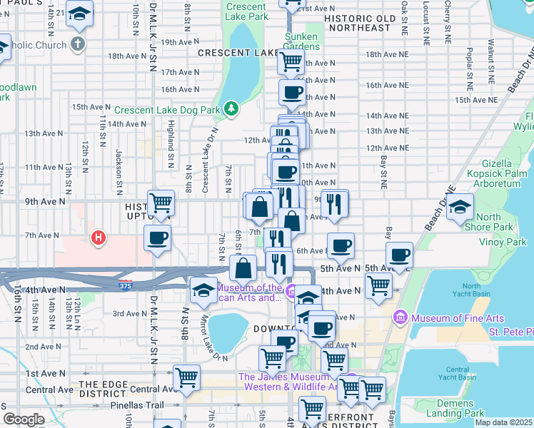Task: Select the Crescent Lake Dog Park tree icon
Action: (x=230, y=109)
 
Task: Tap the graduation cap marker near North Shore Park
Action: (x=460, y=207)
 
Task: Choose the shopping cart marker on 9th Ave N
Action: (x=161, y=203)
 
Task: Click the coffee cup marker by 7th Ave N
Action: (x=157, y=238)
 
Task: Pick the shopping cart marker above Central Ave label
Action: (x=186, y=376)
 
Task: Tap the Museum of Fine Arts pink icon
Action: (x=399, y=316)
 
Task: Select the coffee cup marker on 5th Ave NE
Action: (x=399, y=255)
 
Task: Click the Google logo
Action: (x=23, y=419)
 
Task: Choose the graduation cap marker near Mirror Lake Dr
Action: (x=203, y=290)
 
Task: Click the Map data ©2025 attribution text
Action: (x=503, y=422)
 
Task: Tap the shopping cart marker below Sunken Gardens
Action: (x=291, y=61)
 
